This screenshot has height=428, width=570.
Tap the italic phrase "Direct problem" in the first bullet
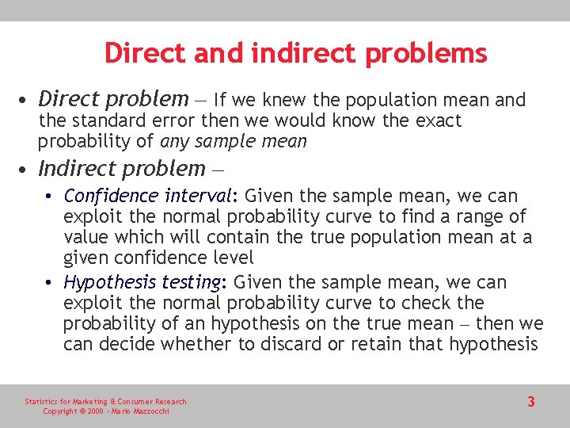[113, 99]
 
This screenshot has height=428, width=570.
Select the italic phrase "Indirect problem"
[121, 169]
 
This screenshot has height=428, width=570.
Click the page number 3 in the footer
[531, 402]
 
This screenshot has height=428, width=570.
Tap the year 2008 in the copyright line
[95, 411]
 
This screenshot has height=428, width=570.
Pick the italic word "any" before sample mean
[173, 142]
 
